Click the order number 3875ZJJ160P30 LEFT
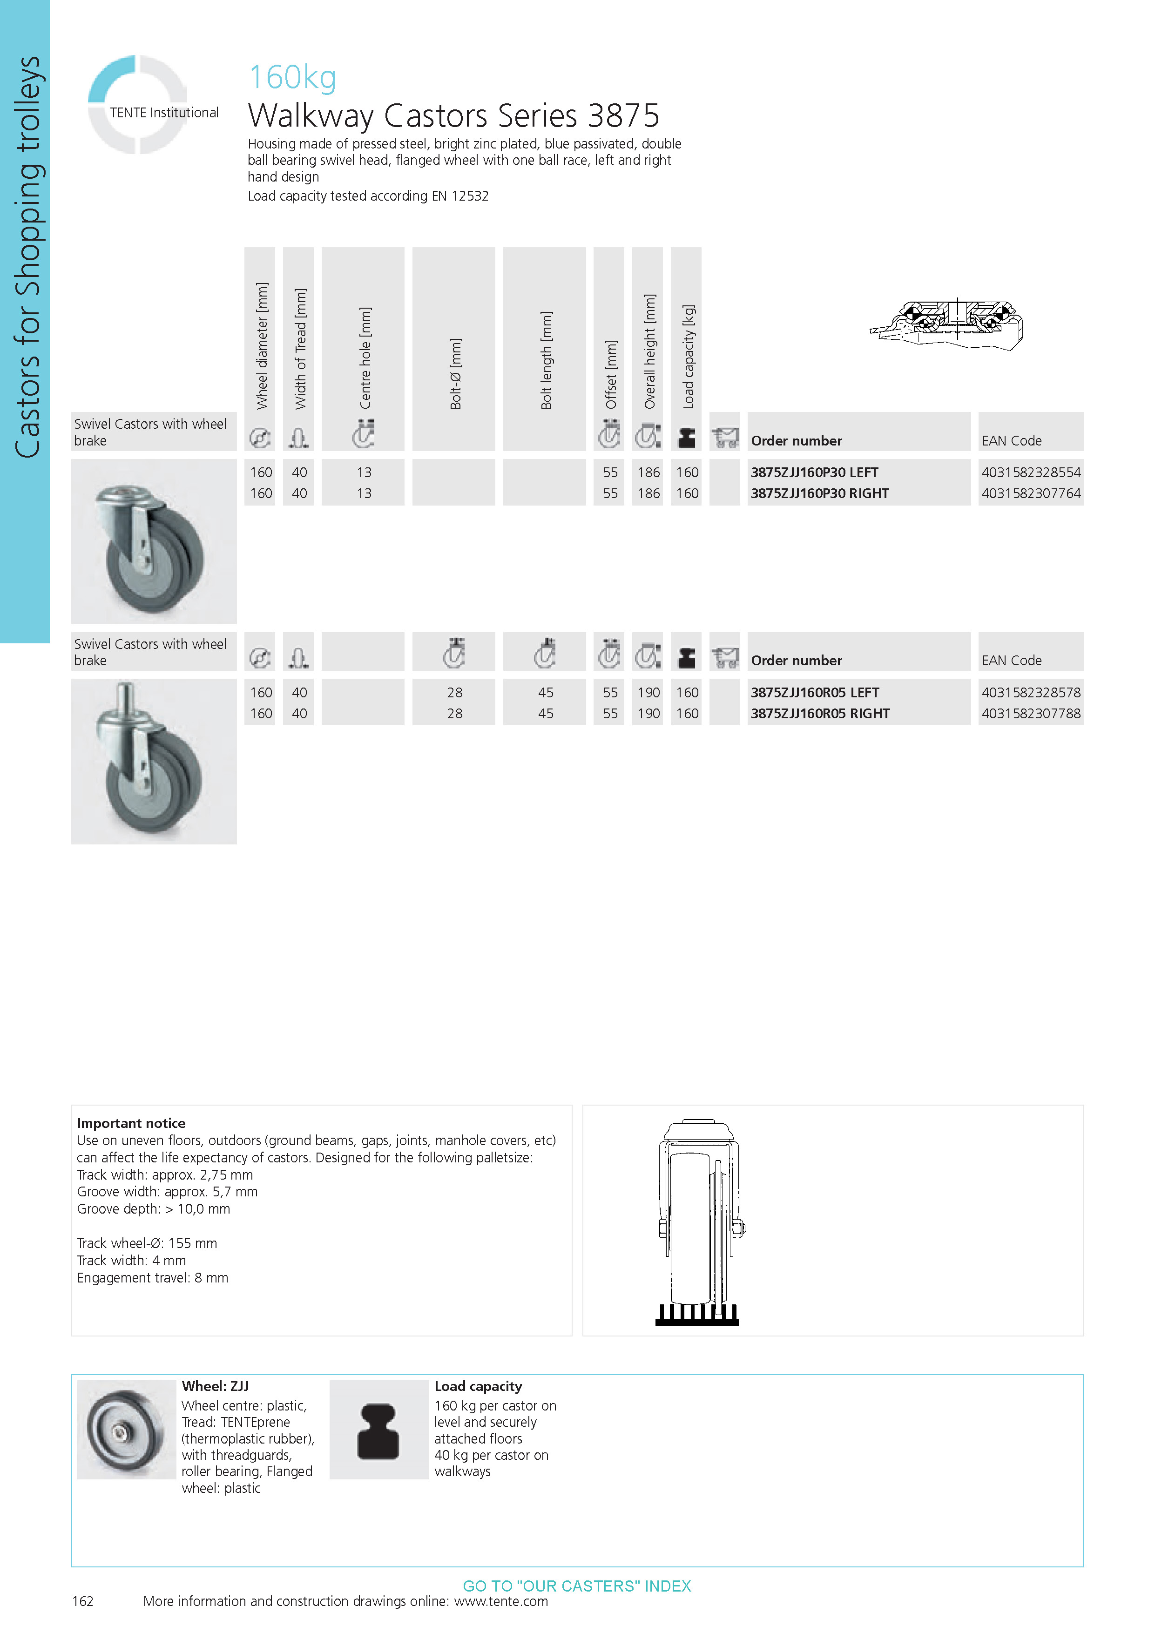[814, 472]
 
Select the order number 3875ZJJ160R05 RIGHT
[820, 713]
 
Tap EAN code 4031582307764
[1031, 493]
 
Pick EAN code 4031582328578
[1031, 692]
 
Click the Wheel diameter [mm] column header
[262, 346]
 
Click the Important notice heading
[131, 1123]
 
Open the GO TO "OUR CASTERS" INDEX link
[577, 1586]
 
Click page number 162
[82, 1601]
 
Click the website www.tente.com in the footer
[501, 1601]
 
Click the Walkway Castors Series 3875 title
[454, 115]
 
